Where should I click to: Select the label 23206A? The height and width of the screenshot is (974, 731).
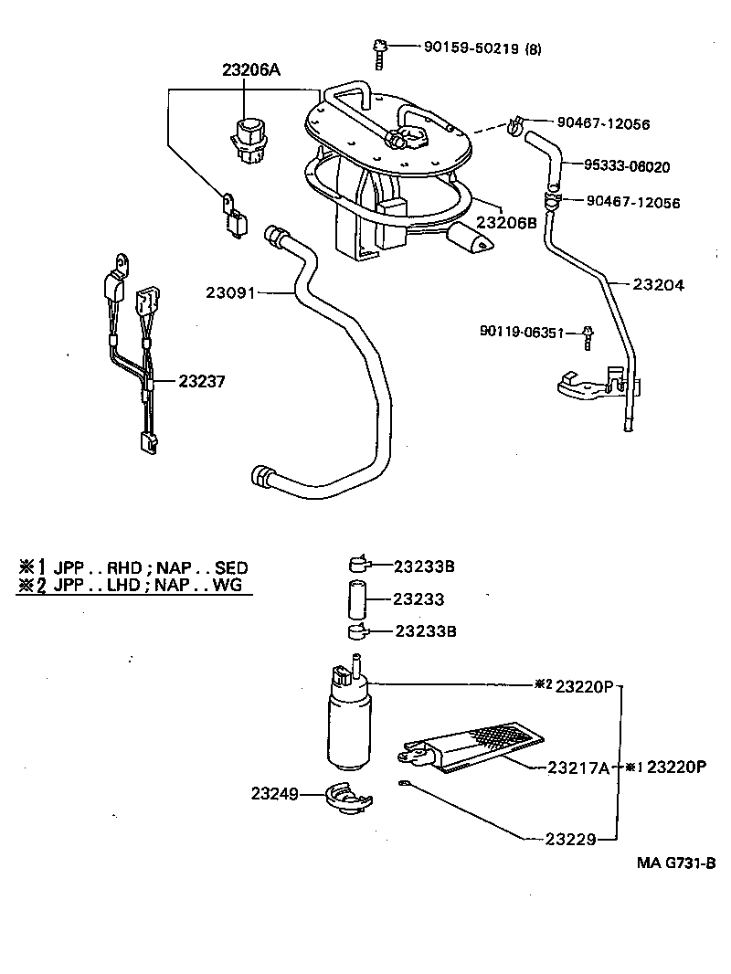pyautogui.click(x=249, y=69)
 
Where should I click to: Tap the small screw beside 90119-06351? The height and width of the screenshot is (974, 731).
pyautogui.click(x=588, y=338)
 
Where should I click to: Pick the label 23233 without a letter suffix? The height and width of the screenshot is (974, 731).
pyautogui.click(x=418, y=599)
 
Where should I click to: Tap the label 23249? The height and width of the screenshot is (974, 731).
pyautogui.click(x=277, y=794)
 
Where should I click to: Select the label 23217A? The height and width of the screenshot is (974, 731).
pyautogui.click(x=577, y=768)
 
